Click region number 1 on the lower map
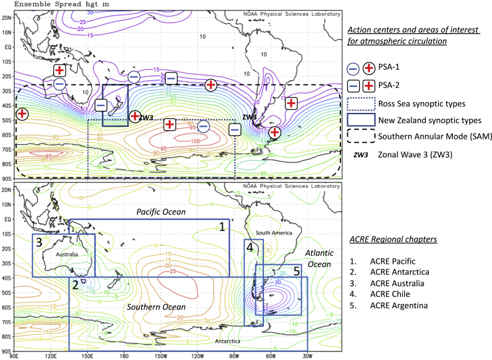click(222, 226)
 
